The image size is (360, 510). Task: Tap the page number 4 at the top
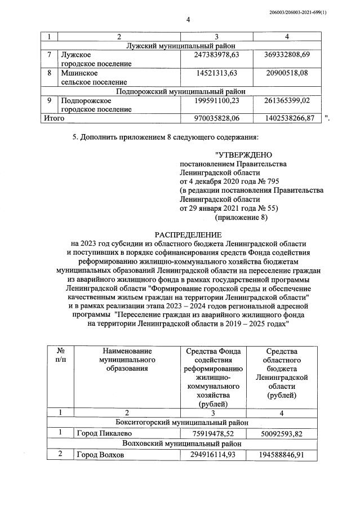[189, 20]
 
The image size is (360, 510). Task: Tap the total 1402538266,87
[286, 118]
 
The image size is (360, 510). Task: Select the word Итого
[54, 118]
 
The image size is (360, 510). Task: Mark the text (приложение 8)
[241, 217]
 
